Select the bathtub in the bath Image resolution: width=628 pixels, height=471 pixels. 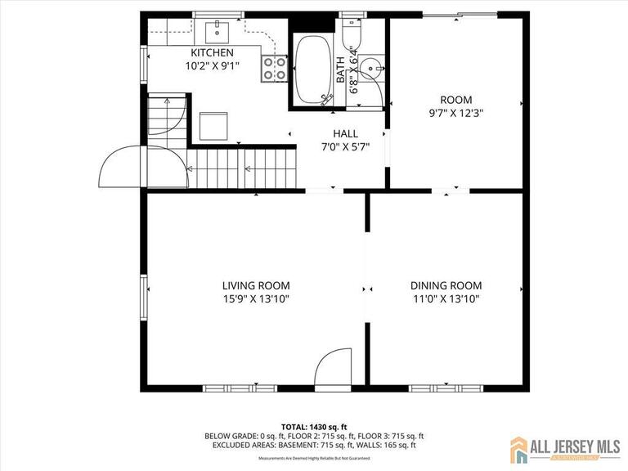[x=311, y=70]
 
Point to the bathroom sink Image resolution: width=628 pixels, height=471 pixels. [x=372, y=69]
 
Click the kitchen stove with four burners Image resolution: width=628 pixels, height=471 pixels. [x=274, y=69]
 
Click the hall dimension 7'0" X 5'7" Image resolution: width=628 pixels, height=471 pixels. [x=345, y=147]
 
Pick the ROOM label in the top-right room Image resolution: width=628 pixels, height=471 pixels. [x=455, y=100]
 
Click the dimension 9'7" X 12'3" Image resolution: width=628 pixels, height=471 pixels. [x=455, y=114]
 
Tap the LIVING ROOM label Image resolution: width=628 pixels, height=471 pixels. [x=256, y=285]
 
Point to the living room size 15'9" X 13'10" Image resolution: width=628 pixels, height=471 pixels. [x=256, y=299]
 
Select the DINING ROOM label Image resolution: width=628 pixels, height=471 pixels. [x=446, y=285]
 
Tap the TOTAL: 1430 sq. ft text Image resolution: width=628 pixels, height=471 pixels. [x=314, y=427]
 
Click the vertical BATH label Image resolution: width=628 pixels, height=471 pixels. [x=341, y=70]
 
